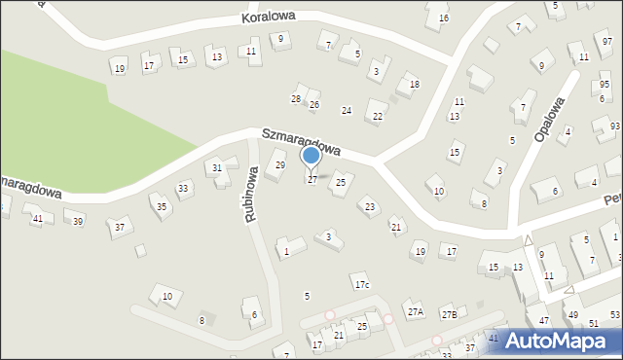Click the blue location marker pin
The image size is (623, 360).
coord(311,156)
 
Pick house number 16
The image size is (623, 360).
coord(444,18)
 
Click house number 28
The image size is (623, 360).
coord(296,99)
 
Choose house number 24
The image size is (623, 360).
coord(346,111)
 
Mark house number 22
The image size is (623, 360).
coord(378,117)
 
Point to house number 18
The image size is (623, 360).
coord(415,85)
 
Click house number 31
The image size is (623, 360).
coord(217,168)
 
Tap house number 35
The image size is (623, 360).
coord(162,207)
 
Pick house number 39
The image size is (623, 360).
coord(78,222)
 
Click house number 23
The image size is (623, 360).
coord(369,206)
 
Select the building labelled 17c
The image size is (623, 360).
coord(362,285)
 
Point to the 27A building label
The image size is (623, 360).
coord(416,312)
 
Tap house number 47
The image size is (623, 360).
coord(545,320)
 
